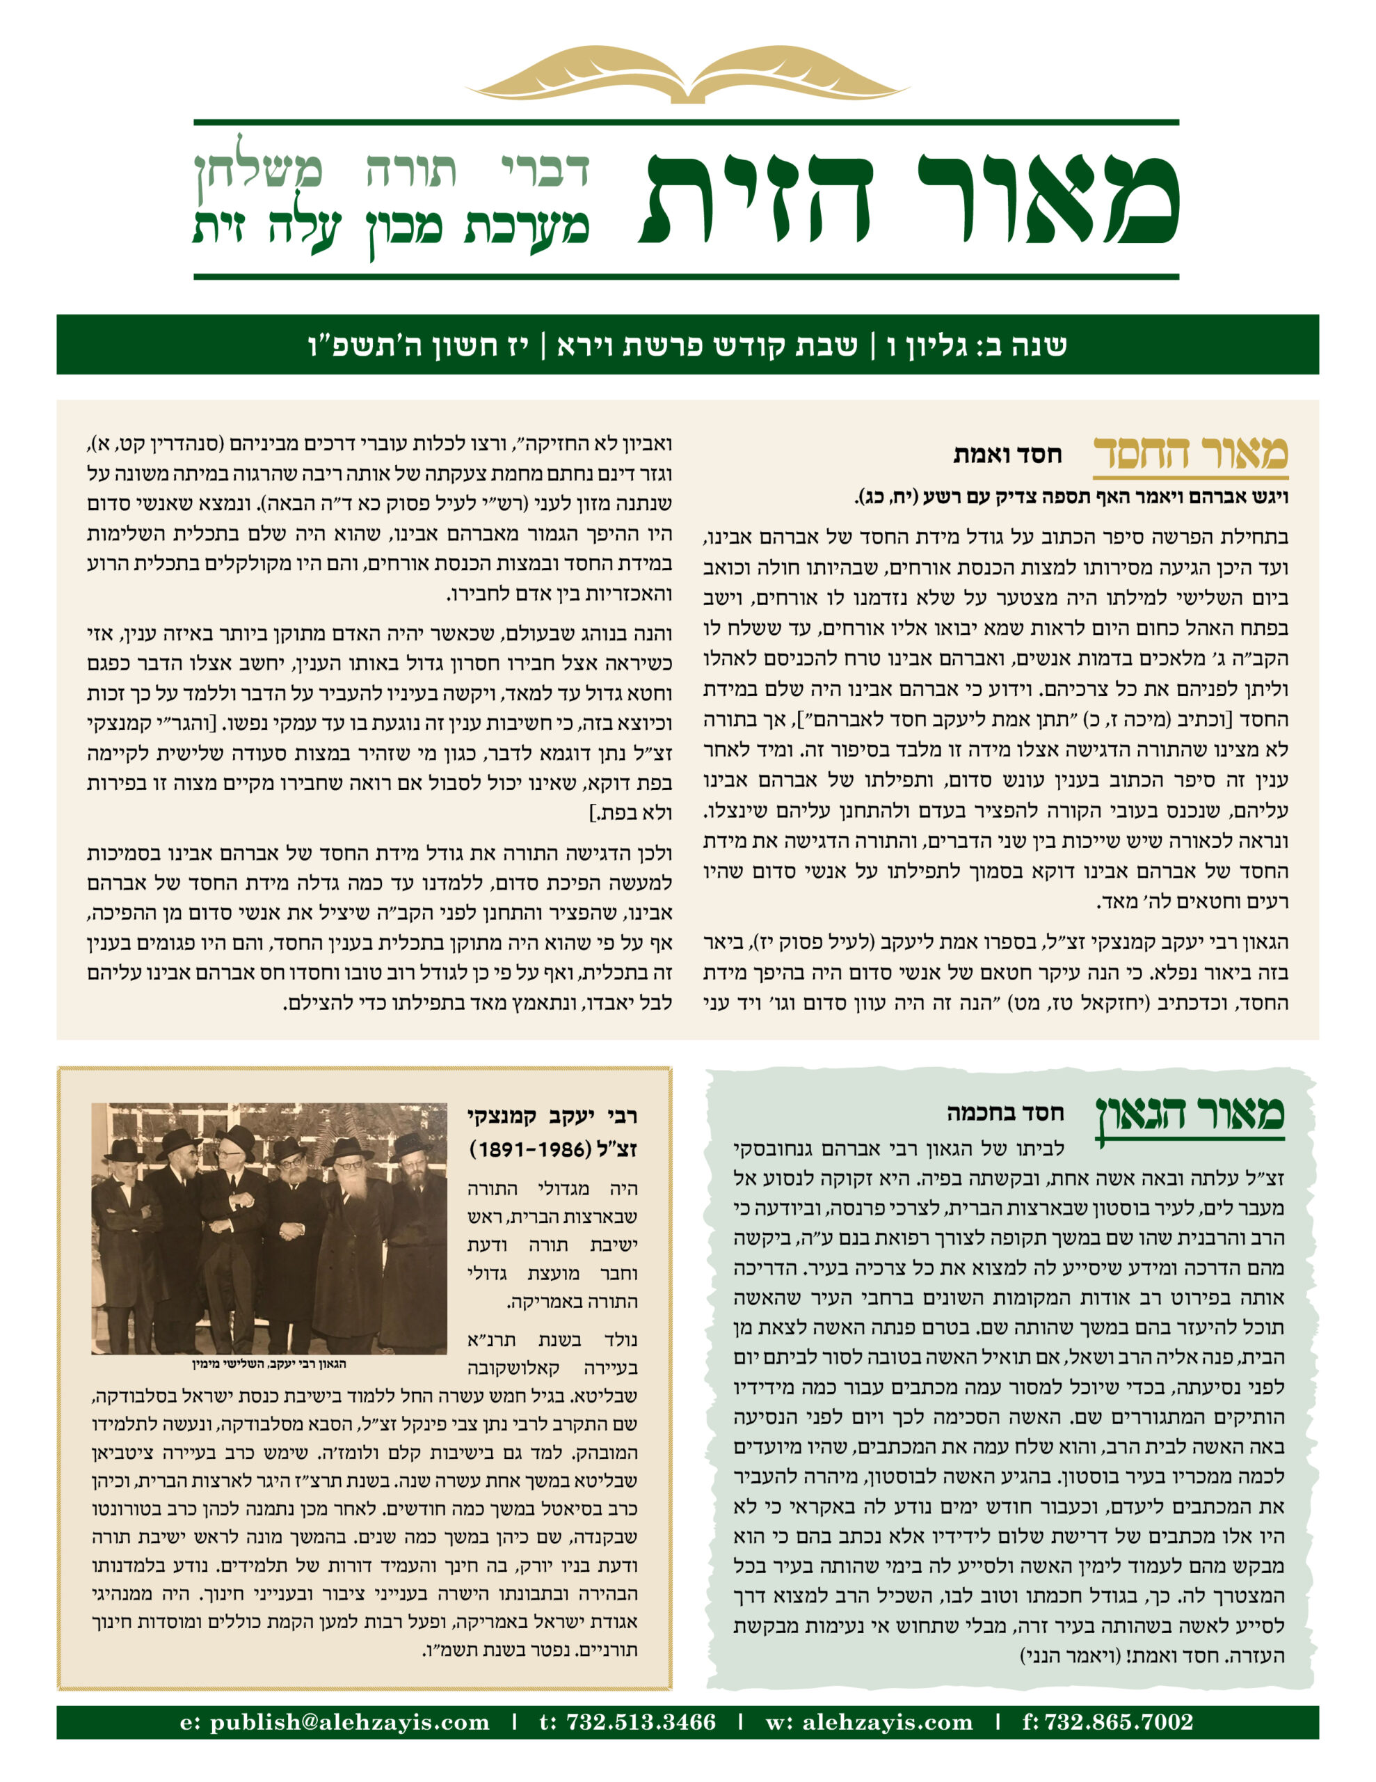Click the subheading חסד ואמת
[x=1007, y=455]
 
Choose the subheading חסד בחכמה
[x=1005, y=1112]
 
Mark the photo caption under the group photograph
[x=269, y=1364]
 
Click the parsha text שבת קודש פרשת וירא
[x=707, y=346]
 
